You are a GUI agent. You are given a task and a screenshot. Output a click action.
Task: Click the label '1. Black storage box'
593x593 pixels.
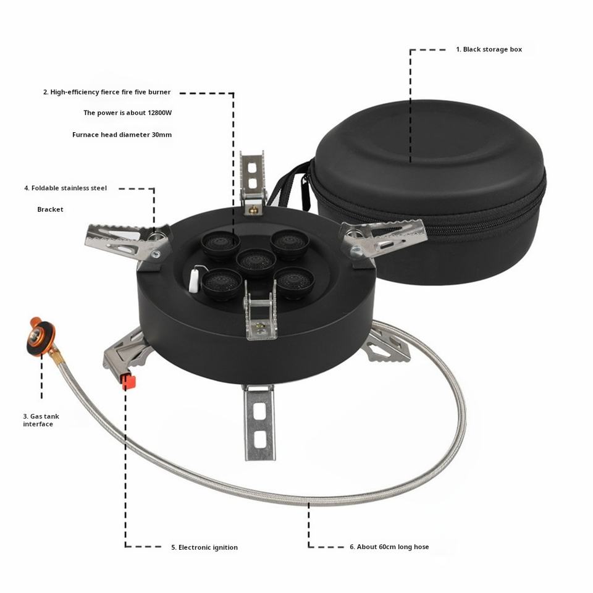click(x=489, y=49)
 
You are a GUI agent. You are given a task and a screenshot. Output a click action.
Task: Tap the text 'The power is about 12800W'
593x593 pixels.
click(x=127, y=112)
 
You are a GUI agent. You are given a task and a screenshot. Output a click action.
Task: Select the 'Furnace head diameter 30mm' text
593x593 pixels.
click(x=122, y=135)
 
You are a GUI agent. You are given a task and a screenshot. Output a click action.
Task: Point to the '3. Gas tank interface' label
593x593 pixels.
click(x=41, y=420)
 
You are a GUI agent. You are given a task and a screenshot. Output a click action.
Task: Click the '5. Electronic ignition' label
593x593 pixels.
click(x=204, y=547)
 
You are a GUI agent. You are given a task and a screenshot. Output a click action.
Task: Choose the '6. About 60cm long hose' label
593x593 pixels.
click(x=389, y=547)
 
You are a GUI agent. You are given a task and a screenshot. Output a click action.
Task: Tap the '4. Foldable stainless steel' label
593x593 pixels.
click(x=65, y=188)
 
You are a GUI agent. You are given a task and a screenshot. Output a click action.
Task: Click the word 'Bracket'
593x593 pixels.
click(x=50, y=209)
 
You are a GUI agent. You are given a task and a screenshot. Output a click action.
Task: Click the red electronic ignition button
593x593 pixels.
click(x=128, y=382)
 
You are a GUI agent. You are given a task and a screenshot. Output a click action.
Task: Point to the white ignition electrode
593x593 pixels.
click(x=194, y=279)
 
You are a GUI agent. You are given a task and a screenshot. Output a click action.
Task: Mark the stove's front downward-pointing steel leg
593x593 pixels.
click(x=259, y=422)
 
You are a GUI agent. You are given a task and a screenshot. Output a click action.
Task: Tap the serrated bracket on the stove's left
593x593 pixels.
click(x=127, y=242)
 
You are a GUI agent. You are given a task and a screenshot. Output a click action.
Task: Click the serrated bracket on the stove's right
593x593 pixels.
click(x=383, y=238)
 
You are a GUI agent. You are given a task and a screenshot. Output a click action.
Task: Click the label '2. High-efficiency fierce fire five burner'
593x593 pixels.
click(x=107, y=92)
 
